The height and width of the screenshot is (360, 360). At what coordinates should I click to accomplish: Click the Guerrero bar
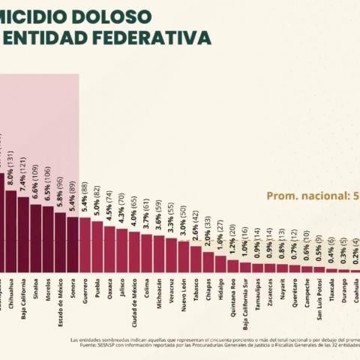pos(85,244)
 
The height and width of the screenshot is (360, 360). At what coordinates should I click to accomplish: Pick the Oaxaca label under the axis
pos(109,287)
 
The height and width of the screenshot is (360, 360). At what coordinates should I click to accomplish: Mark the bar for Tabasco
pos(196,258)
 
